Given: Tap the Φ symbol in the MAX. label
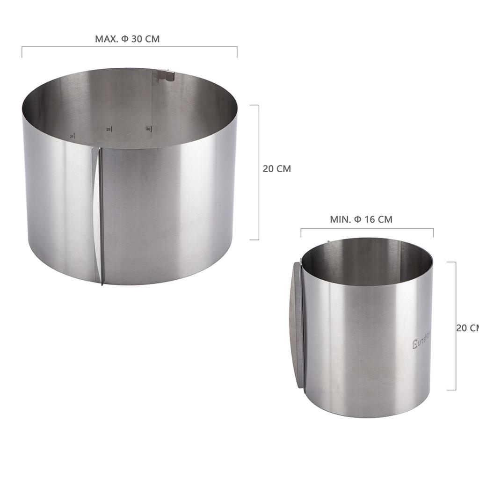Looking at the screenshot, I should pyautogui.click(x=125, y=39).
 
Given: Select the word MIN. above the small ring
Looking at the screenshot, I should pyautogui.click(x=341, y=219).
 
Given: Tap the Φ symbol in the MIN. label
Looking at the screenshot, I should pyautogui.click(x=358, y=219).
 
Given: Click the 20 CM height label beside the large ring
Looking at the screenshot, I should pyautogui.click(x=276, y=169).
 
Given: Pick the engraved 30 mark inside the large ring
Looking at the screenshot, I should pyautogui.click(x=148, y=128).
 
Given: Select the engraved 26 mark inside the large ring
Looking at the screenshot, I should pyautogui.click(x=72, y=136).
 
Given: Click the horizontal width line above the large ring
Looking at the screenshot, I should pyautogui.click(x=129, y=47).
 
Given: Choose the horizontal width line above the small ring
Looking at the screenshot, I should pyautogui.click(x=367, y=229).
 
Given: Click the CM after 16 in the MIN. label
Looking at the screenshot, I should pyautogui.click(x=385, y=219).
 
